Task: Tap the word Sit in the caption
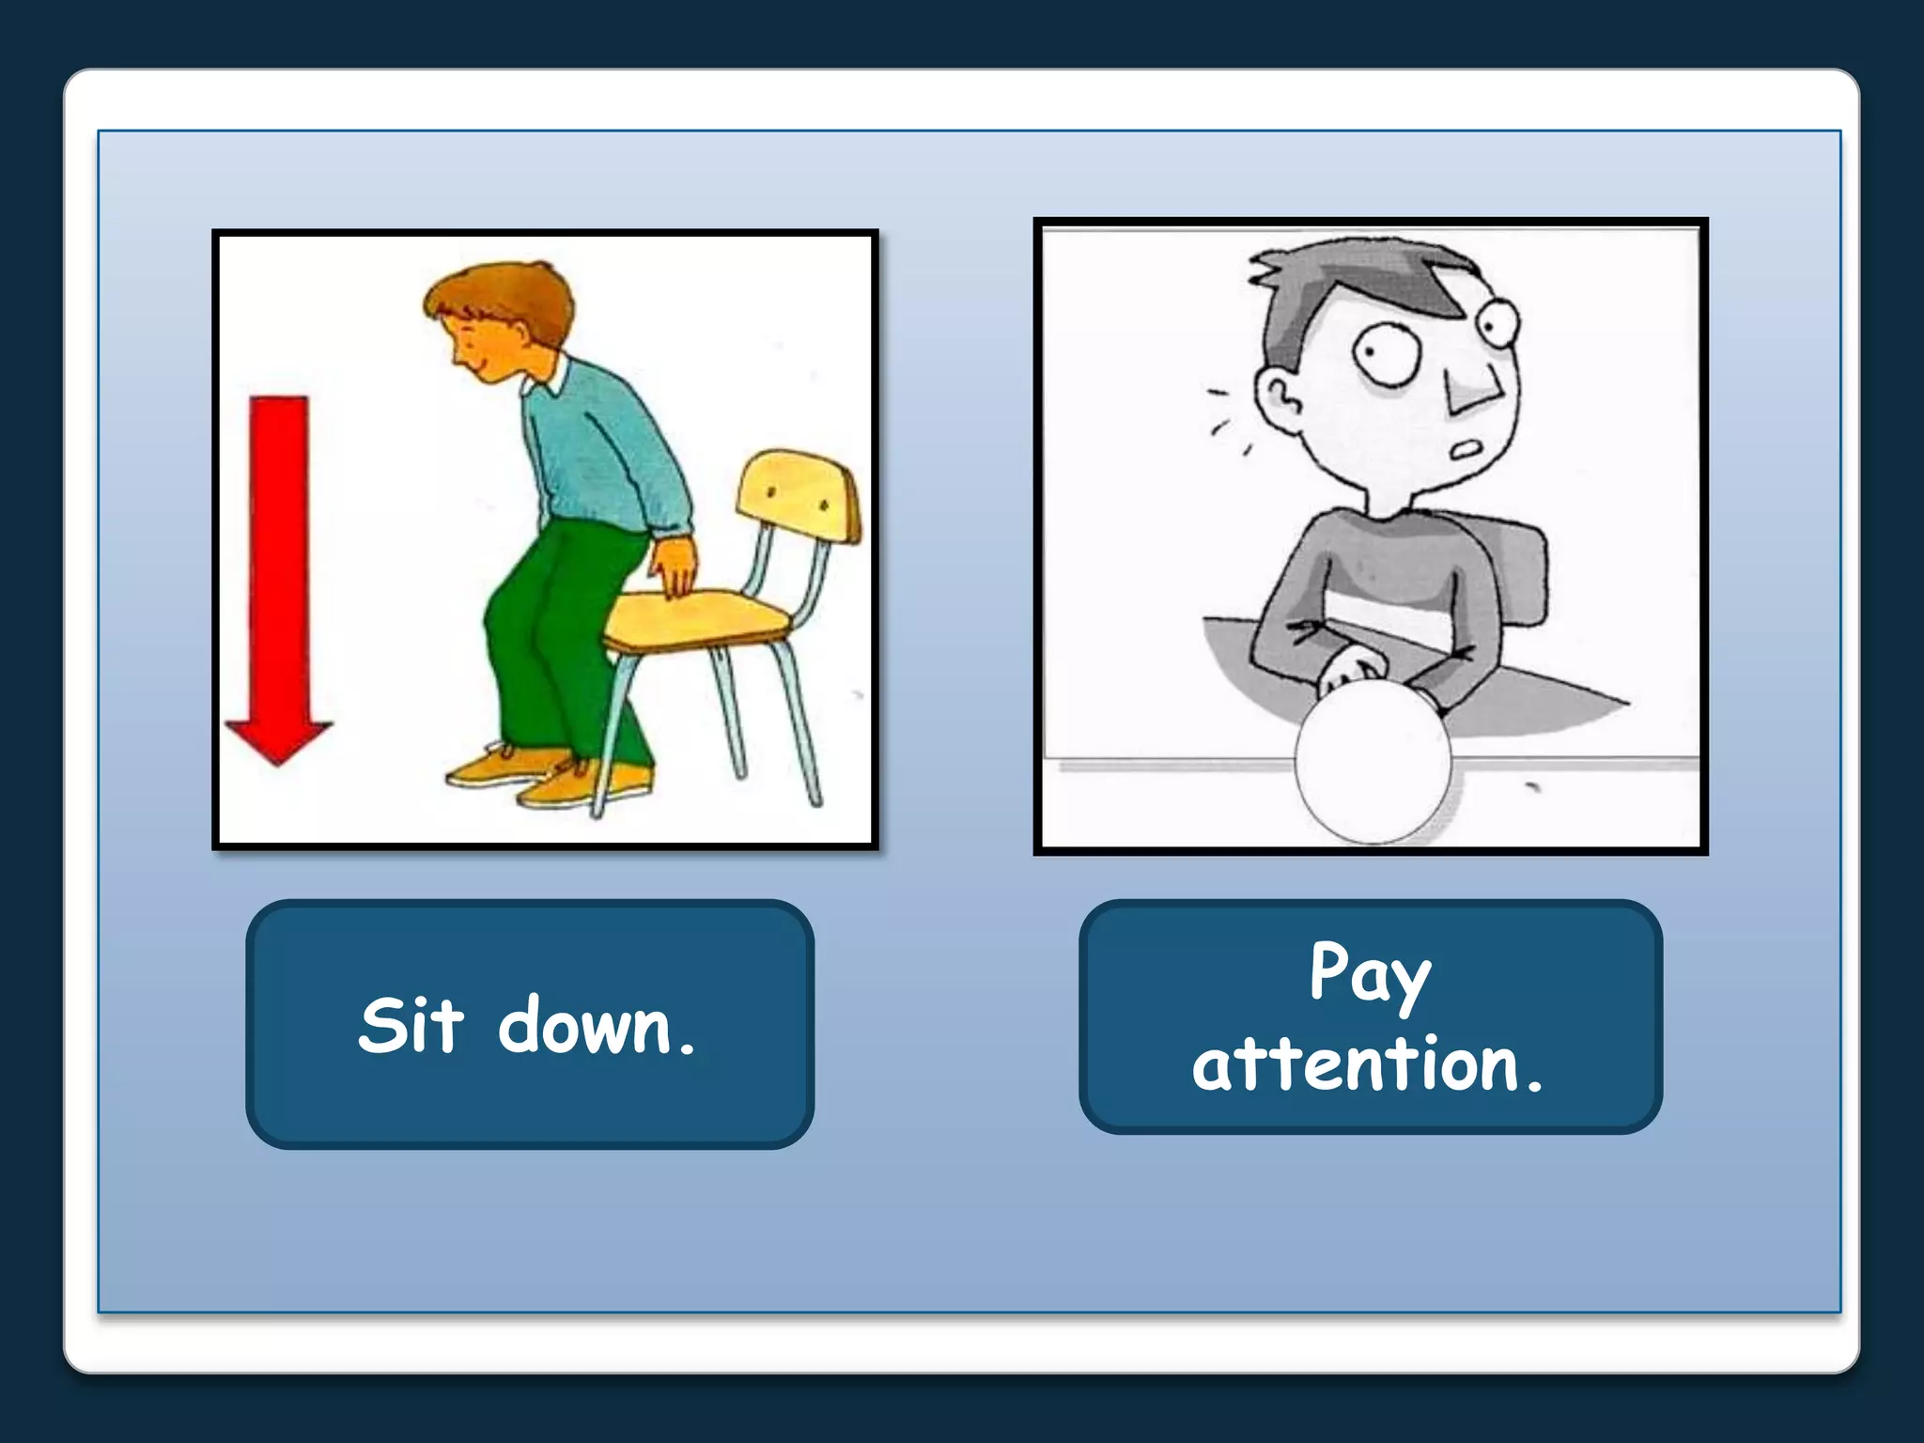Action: coord(411,1025)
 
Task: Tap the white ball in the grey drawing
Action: coord(1373,761)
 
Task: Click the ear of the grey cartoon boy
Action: coord(1278,398)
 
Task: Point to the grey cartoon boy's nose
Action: coord(1470,390)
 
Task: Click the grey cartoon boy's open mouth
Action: coord(1466,451)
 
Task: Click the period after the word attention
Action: coord(1534,1088)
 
